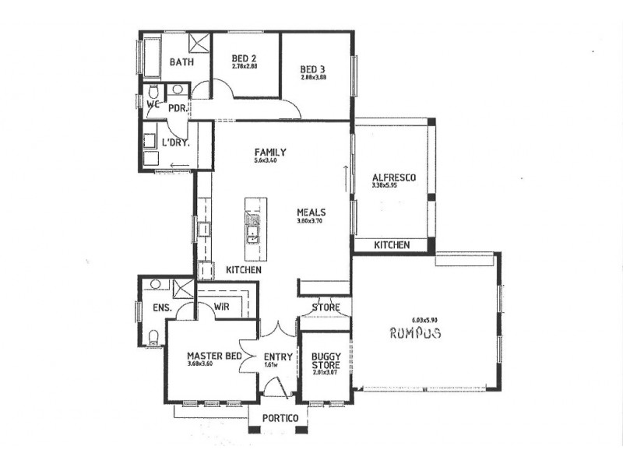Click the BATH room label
tap(181, 62)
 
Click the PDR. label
tap(176, 108)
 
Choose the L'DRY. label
tap(175, 142)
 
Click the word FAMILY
tap(270, 152)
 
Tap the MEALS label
tap(311, 212)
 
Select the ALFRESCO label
tap(393, 177)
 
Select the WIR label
tap(223, 307)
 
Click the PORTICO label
tap(280, 418)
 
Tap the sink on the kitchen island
tap(253, 230)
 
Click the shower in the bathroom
tap(198, 42)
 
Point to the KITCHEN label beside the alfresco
tap(391, 245)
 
